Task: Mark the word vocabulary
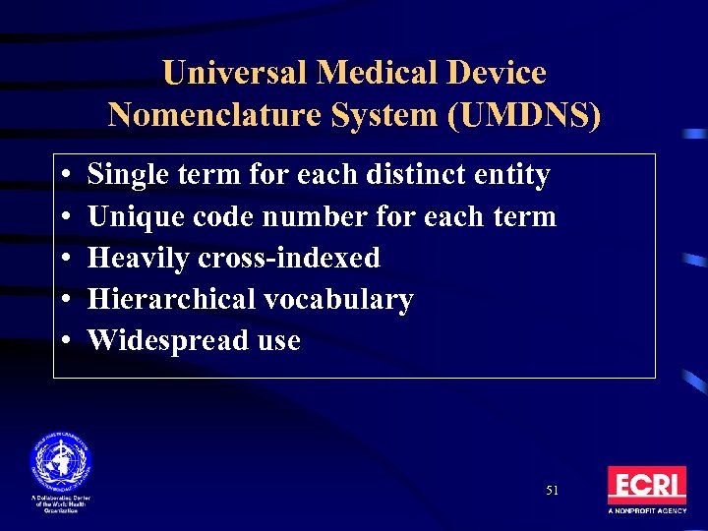click(343, 299)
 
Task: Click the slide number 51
click(552, 490)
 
